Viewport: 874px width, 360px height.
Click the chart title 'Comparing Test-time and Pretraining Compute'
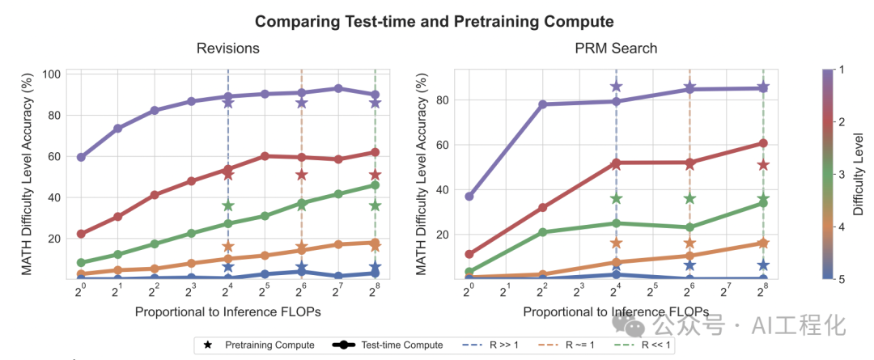pyautogui.click(x=434, y=21)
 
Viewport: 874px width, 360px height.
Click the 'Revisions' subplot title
pyautogui.click(x=227, y=49)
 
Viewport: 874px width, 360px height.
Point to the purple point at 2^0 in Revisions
pyautogui.click(x=81, y=157)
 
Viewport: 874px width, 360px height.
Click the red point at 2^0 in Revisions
pyautogui.click(x=81, y=234)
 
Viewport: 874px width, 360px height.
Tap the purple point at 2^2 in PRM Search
pyautogui.click(x=542, y=104)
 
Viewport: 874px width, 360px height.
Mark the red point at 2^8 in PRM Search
pyautogui.click(x=763, y=143)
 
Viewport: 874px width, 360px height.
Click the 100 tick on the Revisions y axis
pyautogui.click(x=53, y=74)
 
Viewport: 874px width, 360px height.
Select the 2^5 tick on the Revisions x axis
pyautogui.click(x=264, y=290)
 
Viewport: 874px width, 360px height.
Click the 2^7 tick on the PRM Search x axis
pyautogui.click(x=726, y=290)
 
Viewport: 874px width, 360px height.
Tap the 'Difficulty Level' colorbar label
pyautogui.click(x=857, y=174)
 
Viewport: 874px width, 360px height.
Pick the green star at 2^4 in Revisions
pyautogui.click(x=227, y=206)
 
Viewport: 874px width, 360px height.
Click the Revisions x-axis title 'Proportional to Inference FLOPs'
pyautogui.click(x=227, y=311)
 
